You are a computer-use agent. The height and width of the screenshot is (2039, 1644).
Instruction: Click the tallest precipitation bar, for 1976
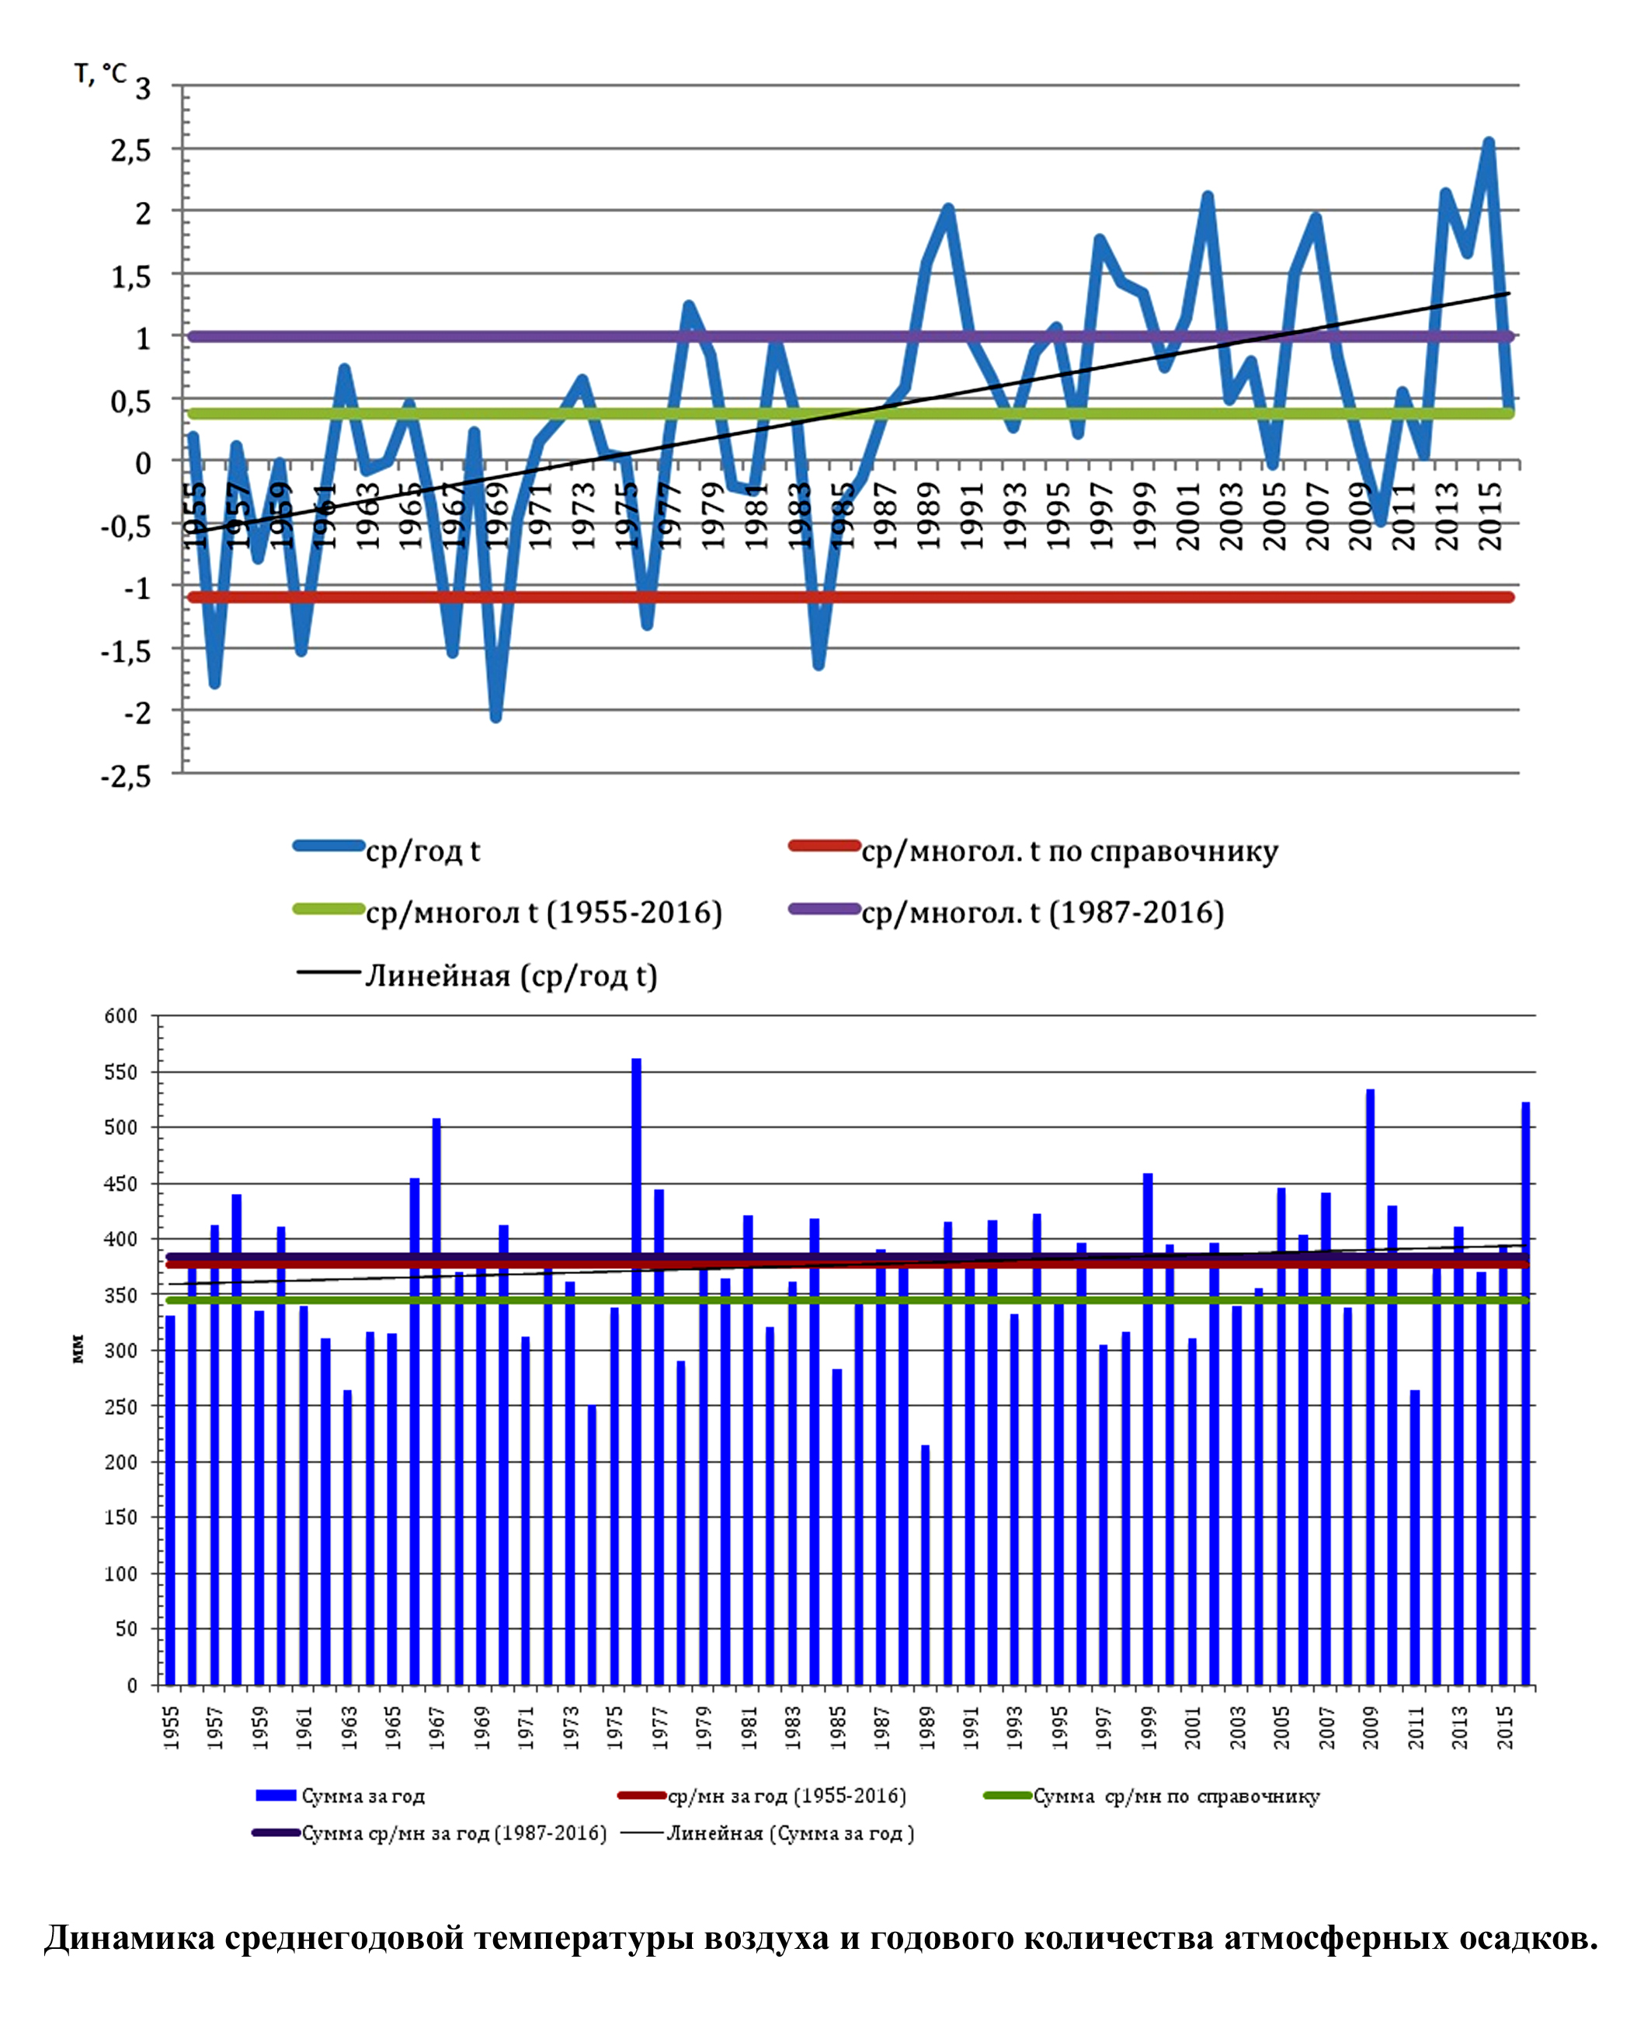[x=636, y=1373]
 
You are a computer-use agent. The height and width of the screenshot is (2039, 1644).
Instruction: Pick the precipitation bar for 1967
[x=436, y=1401]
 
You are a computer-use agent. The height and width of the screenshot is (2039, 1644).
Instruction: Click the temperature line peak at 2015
[x=1489, y=143]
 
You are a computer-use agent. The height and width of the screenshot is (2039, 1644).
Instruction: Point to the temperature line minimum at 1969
[x=495, y=717]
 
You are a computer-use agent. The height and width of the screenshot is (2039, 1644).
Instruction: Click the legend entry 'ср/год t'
[x=422, y=851]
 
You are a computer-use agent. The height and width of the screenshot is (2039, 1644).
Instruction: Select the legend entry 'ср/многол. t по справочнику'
[x=1069, y=851]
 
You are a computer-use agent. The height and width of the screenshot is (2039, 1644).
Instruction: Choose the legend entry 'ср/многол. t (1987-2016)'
[x=1041, y=912]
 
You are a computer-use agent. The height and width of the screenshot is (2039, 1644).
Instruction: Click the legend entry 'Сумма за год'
[x=363, y=1796]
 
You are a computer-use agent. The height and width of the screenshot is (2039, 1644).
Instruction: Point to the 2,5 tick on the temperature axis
[x=132, y=151]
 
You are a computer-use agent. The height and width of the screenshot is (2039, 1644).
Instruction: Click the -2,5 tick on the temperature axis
[x=126, y=777]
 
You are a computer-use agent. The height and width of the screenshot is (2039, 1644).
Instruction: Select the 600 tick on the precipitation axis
[x=121, y=1016]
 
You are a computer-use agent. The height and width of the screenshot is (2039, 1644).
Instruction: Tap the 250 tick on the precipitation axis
[x=121, y=1407]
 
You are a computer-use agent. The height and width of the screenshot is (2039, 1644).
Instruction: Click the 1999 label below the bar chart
[x=1149, y=1728]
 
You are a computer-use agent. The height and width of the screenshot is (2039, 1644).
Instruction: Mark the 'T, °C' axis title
[x=99, y=74]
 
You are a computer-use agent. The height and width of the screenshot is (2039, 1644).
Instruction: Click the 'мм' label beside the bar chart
[x=78, y=1348]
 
